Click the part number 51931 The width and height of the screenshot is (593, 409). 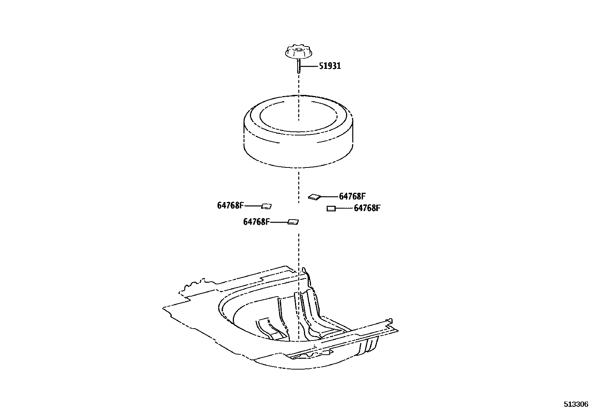point(330,66)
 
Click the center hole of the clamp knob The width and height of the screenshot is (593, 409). point(298,47)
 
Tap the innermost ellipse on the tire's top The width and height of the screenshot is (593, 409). point(298,115)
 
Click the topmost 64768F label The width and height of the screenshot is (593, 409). point(352,196)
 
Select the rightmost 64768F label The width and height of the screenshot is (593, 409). point(367,208)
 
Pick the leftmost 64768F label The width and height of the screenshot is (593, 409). point(231,205)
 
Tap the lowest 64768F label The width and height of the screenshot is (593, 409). point(256,222)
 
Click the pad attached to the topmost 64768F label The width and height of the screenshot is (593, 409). point(314,197)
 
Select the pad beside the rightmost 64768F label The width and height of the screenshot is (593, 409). point(331,209)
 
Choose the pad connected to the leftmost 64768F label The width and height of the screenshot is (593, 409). point(267,206)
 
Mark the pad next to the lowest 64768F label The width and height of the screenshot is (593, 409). point(293,222)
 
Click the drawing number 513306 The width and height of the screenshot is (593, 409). point(575,404)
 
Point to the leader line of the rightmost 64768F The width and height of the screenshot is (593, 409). point(345,208)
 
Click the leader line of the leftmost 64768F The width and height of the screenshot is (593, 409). point(253,206)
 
